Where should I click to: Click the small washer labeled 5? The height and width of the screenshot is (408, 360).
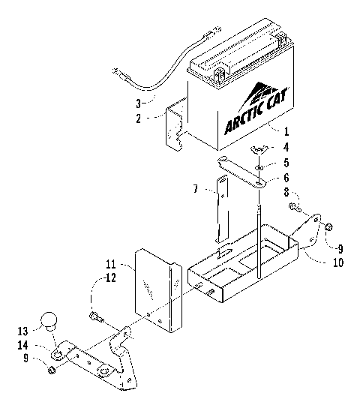point(259,160)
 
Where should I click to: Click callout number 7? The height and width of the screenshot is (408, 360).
point(196,190)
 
